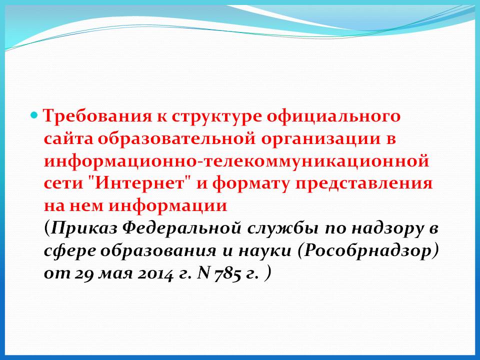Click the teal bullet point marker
tap(34, 116)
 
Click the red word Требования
tap(97, 116)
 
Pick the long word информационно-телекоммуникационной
tap(236, 161)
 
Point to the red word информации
tap(168, 206)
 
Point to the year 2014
tap(155, 273)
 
